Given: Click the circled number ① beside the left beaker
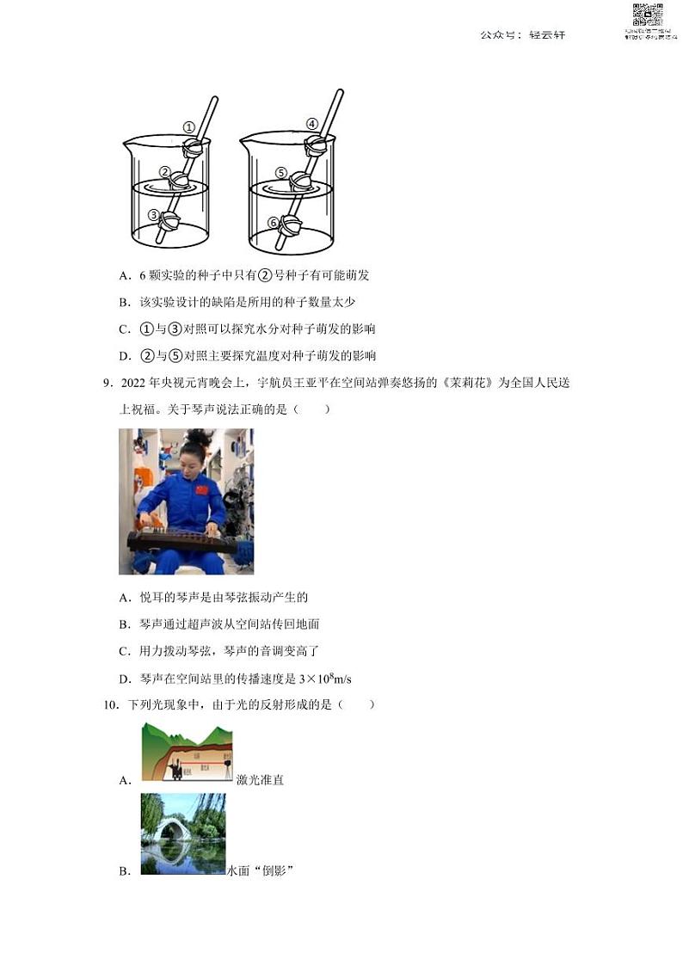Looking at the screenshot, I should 189,127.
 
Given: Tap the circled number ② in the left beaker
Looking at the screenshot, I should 165,171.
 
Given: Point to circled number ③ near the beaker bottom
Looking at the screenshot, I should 153,215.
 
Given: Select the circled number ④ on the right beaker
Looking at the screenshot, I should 312,123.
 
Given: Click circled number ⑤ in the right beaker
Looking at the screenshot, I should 280,172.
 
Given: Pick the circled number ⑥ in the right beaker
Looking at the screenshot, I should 274,222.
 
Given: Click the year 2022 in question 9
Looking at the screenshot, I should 132,383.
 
